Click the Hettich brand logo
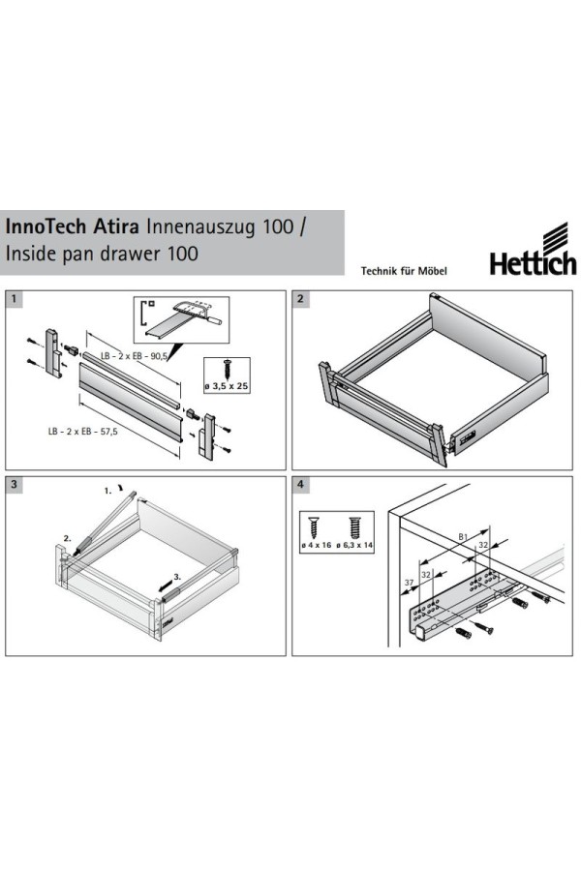click(x=533, y=250)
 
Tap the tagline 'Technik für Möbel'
click(x=404, y=271)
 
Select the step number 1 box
click(x=14, y=299)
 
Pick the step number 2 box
click(x=300, y=299)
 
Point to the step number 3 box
click(x=14, y=485)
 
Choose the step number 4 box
click(x=300, y=485)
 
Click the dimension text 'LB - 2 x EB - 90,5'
click(x=134, y=356)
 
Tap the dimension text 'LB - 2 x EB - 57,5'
click(x=83, y=431)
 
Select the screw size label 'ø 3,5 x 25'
click(x=227, y=385)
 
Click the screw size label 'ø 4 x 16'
click(x=316, y=545)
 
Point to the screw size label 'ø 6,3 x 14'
click(x=354, y=545)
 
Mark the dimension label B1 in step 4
click(x=463, y=536)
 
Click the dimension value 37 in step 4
click(x=410, y=583)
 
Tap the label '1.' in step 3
click(x=107, y=491)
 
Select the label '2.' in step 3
click(x=67, y=538)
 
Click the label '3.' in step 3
click(x=177, y=577)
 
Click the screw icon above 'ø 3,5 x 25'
click(x=227, y=369)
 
